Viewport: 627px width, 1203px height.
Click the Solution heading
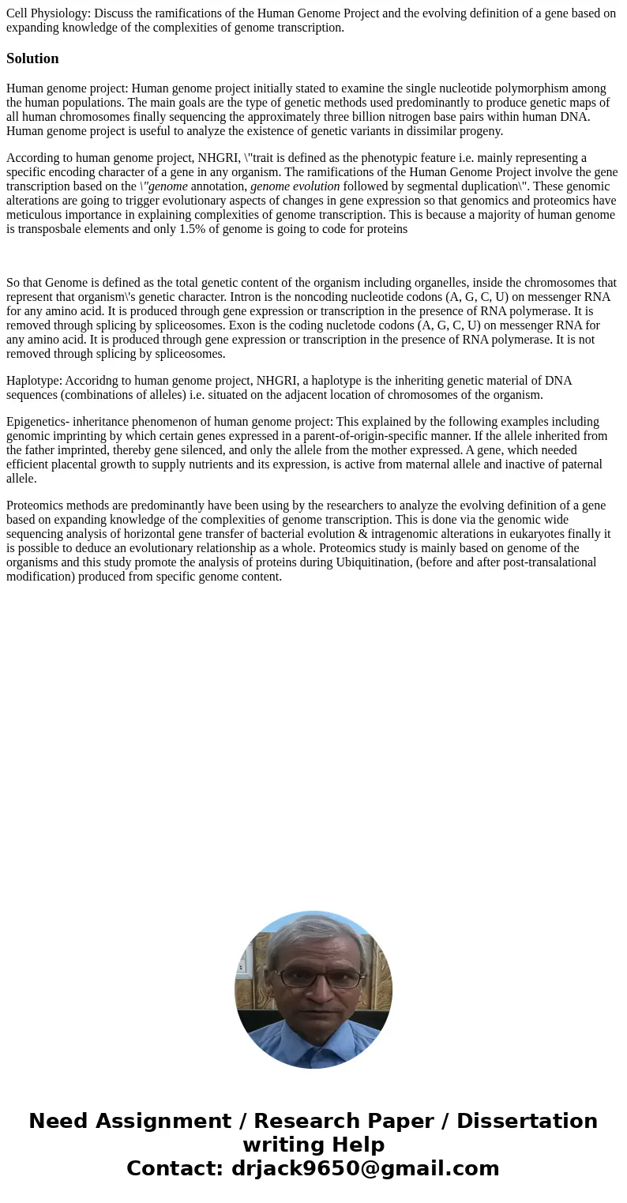coord(32,58)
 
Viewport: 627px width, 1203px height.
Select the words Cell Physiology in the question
coord(47,13)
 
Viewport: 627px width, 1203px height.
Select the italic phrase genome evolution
coord(295,186)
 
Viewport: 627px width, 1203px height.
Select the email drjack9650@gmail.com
coord(365,1168)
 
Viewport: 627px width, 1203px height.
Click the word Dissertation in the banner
coord(527,1122)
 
